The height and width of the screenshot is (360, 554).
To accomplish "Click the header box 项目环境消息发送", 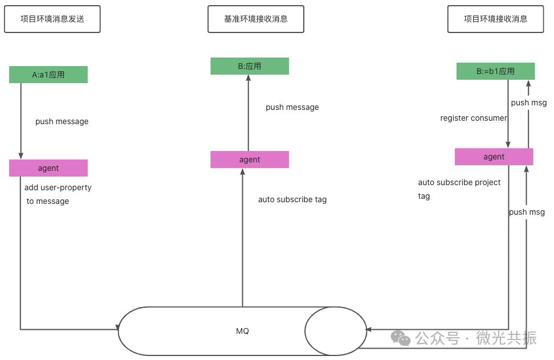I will tap(52, 19).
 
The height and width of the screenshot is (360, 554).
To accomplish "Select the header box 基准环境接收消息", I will tap(256, 19).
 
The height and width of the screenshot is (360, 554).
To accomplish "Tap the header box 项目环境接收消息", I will tap(495, 19).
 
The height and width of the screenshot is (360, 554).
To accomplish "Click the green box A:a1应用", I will tap(48, 75).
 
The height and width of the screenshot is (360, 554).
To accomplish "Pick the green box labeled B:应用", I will tap(250, 66).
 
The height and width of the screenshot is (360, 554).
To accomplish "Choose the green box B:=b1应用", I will tap(495, 71).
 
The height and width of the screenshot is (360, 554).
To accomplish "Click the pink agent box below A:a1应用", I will tap(48, 168).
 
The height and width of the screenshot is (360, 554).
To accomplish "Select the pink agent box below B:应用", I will tap(250, 159).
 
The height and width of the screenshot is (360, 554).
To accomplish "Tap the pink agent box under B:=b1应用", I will tap(494, 157).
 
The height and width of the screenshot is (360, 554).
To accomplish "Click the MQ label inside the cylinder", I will tap(242, 331).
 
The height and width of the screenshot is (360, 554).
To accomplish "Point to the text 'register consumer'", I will tap(474, 118).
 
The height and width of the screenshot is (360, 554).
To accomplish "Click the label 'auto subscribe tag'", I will tap(292, 199).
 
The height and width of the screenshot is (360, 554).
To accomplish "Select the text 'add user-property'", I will tap(58, 187).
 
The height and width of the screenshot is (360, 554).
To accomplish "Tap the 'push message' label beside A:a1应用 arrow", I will tap(62, 121).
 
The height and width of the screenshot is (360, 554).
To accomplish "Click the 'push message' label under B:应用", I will tap(292, 107).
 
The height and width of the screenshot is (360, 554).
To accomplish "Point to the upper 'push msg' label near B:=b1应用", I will tap(529, 103).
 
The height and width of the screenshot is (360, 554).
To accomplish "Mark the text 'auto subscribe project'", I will tap(459, 182).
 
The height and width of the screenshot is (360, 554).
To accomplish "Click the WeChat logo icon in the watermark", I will tap(401, 338).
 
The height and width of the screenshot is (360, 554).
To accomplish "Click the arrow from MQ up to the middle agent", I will tap(243, 239).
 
